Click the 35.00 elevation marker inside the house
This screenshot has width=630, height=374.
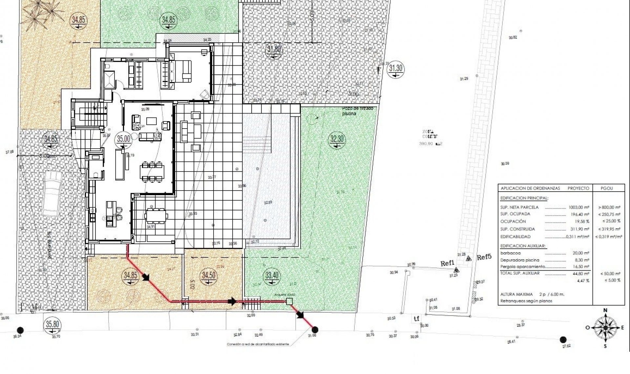pos(123,139)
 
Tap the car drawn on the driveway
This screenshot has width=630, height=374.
pos(52,194)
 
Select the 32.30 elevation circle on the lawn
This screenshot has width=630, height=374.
pos(337,139)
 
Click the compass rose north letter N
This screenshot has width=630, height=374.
pos(605,310)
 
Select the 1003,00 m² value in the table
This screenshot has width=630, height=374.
pos(579,207)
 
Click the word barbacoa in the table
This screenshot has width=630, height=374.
pos(511,253)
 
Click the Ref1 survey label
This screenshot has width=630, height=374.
pos(447,263)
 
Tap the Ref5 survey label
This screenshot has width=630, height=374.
pos(484,258)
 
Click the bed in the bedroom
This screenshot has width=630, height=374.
pos(180,71)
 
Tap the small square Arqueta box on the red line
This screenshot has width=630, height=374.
pos(289,301)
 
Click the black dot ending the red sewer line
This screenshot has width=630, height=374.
pos(315,329)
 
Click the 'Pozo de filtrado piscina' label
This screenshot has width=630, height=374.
pos(357,111)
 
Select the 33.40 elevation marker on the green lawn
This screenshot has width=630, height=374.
pos(272,275)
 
